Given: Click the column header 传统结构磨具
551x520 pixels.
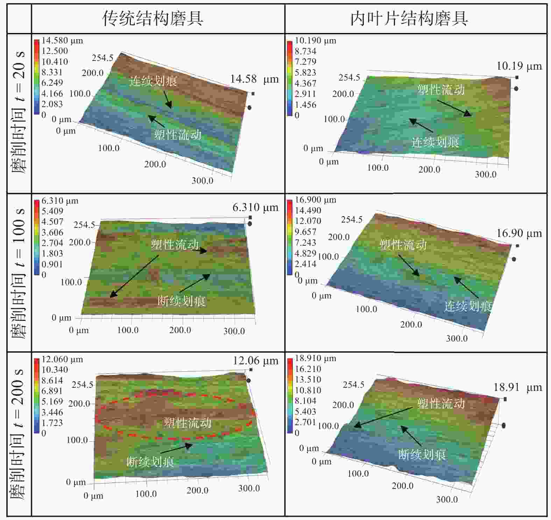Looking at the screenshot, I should [153, 19].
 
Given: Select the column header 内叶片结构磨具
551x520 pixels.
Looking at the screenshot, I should [409, 19].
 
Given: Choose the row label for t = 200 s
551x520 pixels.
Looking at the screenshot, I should [18, 434].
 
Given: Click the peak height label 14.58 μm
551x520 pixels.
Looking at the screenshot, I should [254, 79].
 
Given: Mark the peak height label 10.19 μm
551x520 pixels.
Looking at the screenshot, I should [519, 66].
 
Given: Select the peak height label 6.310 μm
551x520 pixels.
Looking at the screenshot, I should [255, 208].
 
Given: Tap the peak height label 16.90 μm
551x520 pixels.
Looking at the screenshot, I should [519, 233].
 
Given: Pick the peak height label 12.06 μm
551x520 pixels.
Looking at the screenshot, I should [255, 361].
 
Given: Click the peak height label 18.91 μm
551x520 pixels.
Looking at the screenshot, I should [517, 387].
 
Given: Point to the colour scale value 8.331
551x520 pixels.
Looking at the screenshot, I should [52, 72].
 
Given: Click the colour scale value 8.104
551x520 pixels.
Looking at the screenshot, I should [305, 401].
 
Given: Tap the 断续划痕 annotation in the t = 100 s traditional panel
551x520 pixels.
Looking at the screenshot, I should [181, 301].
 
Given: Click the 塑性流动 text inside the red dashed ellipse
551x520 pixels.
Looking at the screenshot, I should [188, 423].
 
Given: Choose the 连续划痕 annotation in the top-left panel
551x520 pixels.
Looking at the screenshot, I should [153, 81].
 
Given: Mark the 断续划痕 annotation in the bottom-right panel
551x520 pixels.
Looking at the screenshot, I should [422, 455].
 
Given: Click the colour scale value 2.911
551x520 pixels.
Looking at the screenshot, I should [305, 94].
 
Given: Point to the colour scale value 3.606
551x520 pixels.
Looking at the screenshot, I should [52, 232].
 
